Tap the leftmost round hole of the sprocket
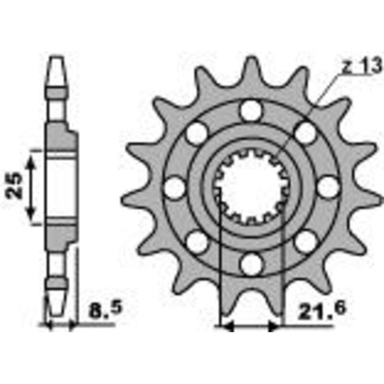tap(174, 187)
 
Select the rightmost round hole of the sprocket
tap(327, 186)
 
